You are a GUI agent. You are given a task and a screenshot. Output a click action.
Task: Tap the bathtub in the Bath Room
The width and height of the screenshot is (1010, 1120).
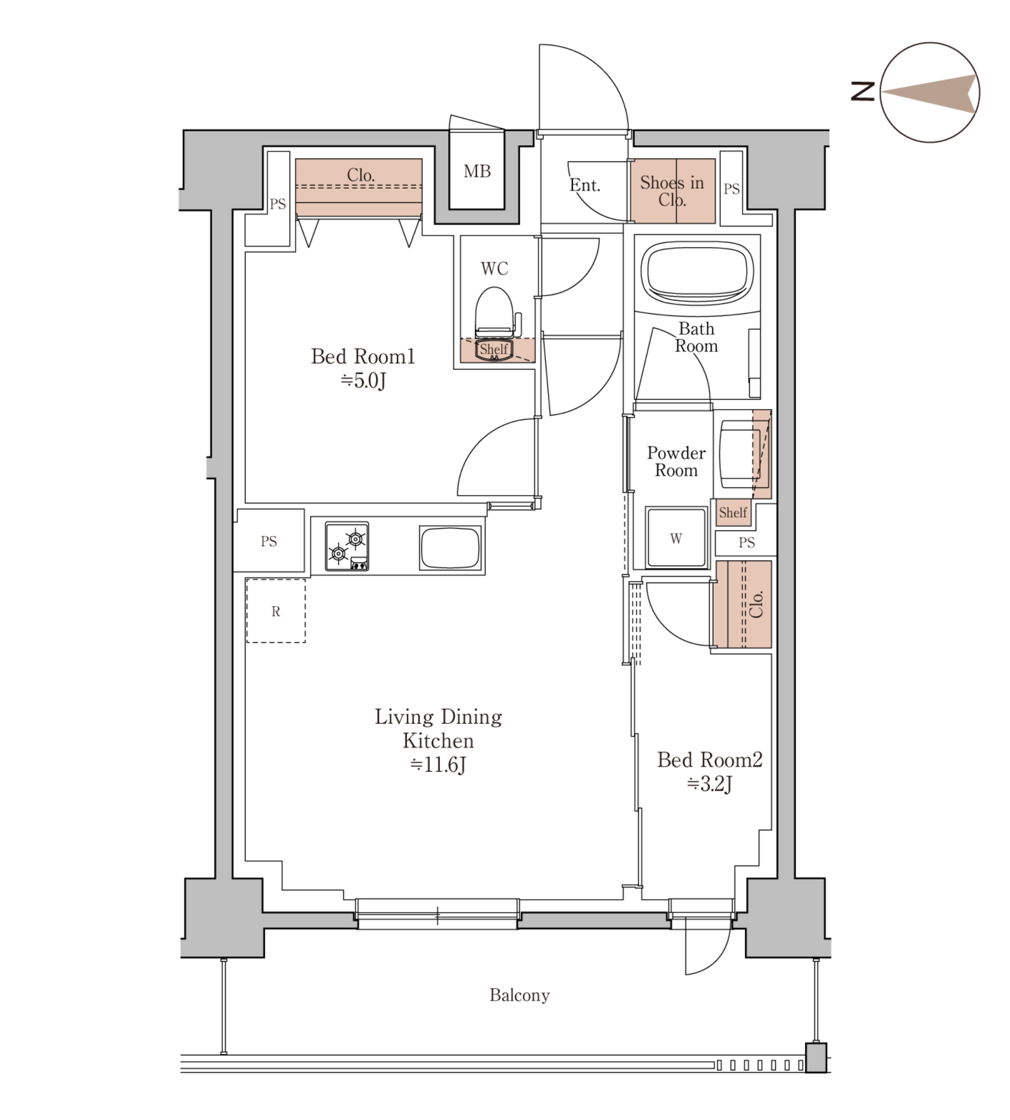click(697, 272)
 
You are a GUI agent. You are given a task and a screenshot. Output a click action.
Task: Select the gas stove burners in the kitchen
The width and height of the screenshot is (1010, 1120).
click(347, 546)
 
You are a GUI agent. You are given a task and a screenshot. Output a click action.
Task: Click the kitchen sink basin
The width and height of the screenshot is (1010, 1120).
click(450, 547)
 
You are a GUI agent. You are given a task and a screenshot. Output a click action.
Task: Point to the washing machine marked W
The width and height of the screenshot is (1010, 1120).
click(676, 537)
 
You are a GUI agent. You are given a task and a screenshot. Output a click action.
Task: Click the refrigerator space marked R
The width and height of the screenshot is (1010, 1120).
click(276, 611)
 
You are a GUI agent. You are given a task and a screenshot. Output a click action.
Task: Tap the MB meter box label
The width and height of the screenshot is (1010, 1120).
click(477, 171)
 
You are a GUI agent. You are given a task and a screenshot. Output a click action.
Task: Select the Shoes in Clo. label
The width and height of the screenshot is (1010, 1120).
click(672, 190)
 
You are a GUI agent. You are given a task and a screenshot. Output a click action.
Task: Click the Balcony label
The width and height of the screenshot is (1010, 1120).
click(520, 995)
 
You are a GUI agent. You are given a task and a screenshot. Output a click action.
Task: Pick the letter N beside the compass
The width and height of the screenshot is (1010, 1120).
click(863, 91)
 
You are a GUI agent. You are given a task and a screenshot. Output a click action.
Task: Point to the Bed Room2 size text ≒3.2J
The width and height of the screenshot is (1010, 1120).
click(710, 784)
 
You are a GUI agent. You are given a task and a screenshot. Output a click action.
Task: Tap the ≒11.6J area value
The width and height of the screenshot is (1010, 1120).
click(438, 765)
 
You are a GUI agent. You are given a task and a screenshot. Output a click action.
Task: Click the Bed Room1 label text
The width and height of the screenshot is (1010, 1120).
click(363, 356)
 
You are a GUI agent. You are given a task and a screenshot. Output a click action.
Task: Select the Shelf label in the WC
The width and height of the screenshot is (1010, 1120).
click(494, 349)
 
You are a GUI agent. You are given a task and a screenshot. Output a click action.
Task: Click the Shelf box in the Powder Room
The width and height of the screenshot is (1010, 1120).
click(733, 513)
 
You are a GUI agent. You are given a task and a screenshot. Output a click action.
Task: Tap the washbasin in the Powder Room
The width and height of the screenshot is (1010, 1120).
click(741, 454)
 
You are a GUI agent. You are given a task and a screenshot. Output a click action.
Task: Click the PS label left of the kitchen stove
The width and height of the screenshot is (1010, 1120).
click(269, 541)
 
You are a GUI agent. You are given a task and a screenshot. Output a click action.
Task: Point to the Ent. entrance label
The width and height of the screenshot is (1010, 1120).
click(585, 185)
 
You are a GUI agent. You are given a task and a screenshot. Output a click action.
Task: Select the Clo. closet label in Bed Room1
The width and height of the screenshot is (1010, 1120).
click(360, 175)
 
